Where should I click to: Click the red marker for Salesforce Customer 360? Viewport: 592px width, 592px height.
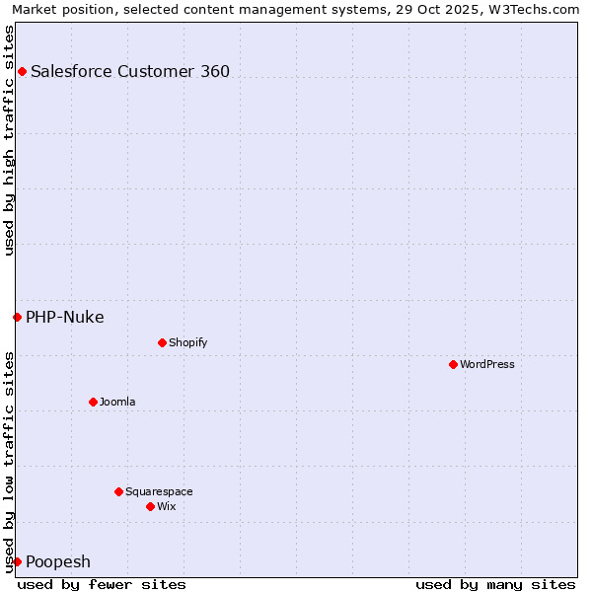click(x=22, y=71)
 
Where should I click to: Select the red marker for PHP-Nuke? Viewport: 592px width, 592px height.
click(x=17, y=317)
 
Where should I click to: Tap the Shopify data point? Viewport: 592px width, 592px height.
click(x=162, y=342)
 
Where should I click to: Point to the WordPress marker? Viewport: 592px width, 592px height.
click(x=453, y=364)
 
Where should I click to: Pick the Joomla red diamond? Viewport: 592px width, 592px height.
click(x=93, y=402)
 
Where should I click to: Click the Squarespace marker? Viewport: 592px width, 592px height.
click(x=118, y=491)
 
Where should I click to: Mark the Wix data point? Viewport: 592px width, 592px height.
click(x=150, y=506)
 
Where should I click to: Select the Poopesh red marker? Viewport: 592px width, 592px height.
click(x=17, y=561)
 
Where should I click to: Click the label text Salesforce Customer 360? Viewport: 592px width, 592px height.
click(x=130, y=71)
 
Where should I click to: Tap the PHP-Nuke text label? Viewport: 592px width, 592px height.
click(x=65, y=317)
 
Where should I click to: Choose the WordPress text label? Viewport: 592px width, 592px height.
click(x=487, y=364)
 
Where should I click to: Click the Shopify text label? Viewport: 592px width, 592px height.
click(x=188, y=342)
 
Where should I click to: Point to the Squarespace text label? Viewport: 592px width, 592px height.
click(x=159, y=491)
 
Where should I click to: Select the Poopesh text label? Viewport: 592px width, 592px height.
click(x=58, y=561)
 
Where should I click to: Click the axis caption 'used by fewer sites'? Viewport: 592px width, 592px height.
click(x=102, y=584)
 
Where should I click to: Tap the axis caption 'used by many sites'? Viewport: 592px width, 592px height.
click(x=495, y=584)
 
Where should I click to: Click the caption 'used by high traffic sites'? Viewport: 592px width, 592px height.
click(x=9, y=139)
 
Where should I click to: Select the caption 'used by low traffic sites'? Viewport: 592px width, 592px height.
click(x=9, y=462)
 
